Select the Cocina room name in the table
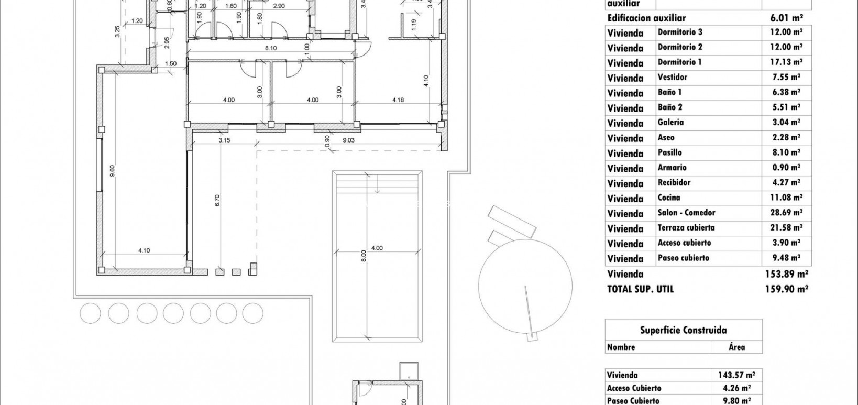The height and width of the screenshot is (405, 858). [669, 198]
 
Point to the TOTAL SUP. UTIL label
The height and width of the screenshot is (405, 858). [640, 289]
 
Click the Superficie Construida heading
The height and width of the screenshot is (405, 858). [683, 330]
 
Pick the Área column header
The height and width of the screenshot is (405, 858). [736, 347]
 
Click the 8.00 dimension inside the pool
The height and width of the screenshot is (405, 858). [364, 256]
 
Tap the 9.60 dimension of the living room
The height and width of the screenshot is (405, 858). [112, 171]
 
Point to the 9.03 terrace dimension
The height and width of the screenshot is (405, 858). [348, 140]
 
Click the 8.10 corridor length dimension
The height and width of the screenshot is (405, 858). [270, 48]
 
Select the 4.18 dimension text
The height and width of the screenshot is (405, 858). [398, 100]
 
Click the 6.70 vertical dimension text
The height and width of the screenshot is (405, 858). [217, 201]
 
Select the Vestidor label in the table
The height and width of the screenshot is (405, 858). [672, 78]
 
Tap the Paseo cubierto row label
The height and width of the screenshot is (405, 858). [683, 258]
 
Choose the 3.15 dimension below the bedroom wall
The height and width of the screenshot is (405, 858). [224, 140]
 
